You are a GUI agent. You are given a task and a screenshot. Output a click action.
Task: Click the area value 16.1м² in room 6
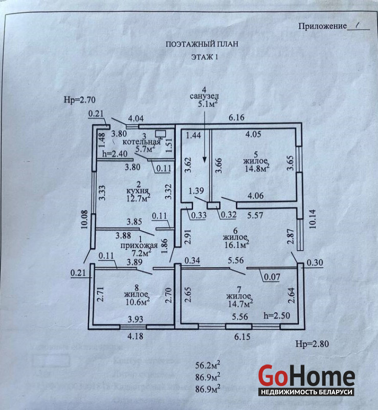[x=236, y=245]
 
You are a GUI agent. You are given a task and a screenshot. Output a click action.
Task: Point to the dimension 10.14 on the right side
[x=313, y=218]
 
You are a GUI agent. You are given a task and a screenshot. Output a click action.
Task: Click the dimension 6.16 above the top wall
[x=237, y=118]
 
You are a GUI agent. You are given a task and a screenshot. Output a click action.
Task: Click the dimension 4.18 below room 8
[x=135, y=336]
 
